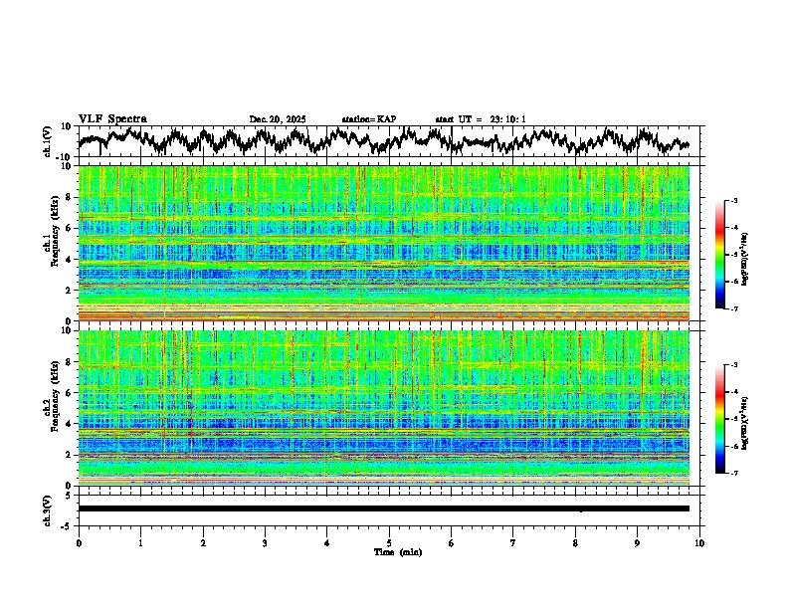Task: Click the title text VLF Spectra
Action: pos(112,118)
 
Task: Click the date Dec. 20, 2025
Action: pos(278,119)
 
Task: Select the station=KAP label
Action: pos(368,119)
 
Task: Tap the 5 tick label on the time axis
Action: pos(389,542)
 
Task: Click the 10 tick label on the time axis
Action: pos(699,542)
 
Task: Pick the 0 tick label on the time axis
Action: pos(79,542)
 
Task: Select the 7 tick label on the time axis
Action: pos(513,542)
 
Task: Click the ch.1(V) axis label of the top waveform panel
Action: pos(48,141)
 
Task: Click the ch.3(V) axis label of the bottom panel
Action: pos(48,507)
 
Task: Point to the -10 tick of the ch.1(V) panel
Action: pos(63,157)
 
